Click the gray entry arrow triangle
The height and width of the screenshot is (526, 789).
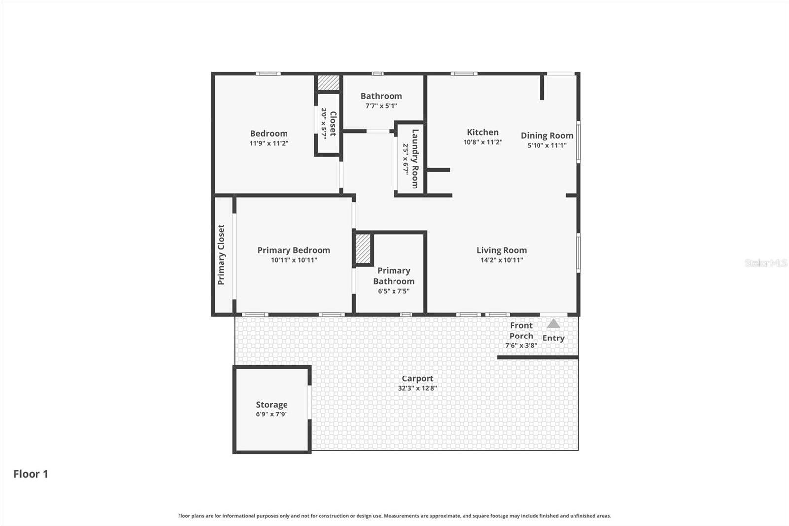(553, 324)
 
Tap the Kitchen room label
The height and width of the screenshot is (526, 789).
(483, 132)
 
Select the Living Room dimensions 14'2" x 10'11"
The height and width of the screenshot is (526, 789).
(502, 260)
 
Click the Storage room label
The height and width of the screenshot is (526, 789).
(272, 404)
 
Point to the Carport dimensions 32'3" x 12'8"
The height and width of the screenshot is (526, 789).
(418, 388)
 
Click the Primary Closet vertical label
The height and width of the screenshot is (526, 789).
(221, 255)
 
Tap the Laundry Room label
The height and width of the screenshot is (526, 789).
(415, 159)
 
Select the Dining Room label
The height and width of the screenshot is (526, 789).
(547, 135)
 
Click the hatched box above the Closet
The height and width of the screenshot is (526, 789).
(328, 82)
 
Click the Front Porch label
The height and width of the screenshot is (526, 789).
(521, 331)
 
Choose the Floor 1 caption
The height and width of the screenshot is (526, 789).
(31, 474)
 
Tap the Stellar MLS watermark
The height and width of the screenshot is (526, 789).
(765, 263)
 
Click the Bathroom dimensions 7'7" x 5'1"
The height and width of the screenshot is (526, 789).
(381, 106)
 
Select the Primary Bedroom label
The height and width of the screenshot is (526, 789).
(294, 250)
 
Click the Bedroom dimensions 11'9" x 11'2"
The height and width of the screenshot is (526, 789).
(269, 143)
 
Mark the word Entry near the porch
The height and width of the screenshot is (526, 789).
(553, 338)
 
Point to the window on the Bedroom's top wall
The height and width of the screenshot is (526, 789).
(268, 74)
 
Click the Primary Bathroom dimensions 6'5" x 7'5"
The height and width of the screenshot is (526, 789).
(394, 291)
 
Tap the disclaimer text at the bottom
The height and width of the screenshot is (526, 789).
(394, 516)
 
